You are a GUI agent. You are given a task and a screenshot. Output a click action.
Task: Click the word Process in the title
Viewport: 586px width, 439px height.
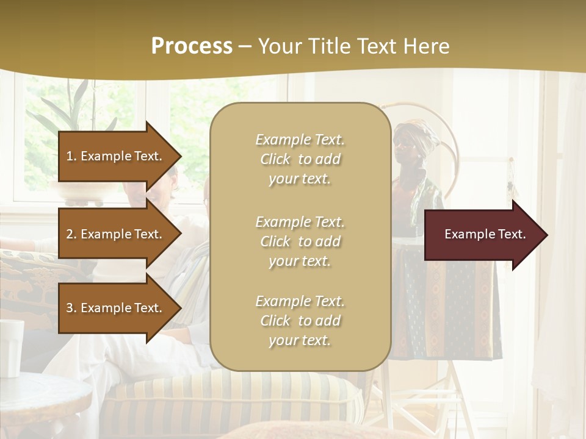click(x=192, y=46)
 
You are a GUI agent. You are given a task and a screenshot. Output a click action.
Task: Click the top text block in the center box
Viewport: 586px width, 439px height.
click(x=300, y=159)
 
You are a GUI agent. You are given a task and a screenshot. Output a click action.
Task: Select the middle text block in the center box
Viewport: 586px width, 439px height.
click(x=300, y=241)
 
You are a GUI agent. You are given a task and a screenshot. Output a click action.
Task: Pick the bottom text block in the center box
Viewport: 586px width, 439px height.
click(x=300, y=321)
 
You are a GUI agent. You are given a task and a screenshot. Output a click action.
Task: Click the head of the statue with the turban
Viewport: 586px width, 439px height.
click(x=408, y=143)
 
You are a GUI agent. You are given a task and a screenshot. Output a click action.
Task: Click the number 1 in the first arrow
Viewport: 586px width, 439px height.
click(x=70, y=156)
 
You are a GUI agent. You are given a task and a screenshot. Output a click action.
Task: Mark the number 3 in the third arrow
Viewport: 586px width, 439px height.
click(x=70, y=308)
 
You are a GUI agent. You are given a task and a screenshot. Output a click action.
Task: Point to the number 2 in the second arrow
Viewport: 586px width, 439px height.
click(x=70, y=234)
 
